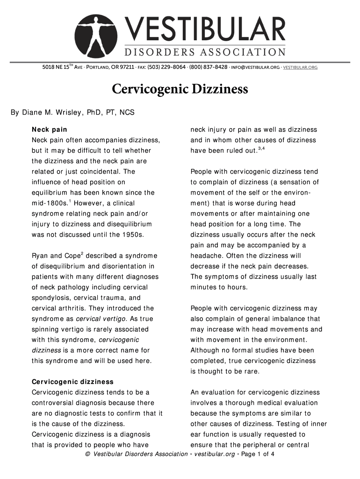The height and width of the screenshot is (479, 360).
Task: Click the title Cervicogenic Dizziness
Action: coord(180,89)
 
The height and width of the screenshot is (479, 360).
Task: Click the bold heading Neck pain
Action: coord(49,130)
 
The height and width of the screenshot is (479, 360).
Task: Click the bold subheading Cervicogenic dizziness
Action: coord(72,382)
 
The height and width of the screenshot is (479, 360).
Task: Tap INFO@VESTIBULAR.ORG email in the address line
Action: coord(255,67)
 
